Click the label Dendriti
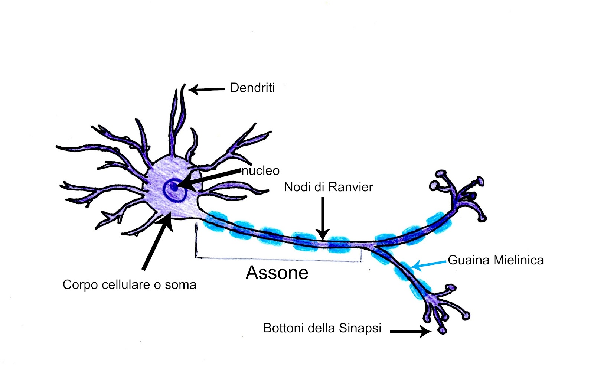(x=252, y=88)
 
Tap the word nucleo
(x=261, y=171)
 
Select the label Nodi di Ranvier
(x=328, y=187)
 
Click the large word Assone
(x=277, y=273)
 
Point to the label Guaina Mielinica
(x=496, y=260)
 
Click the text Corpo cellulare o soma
(x=129, y=285)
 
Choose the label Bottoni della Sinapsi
(x=322, y=328)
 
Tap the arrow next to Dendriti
(x=206, y=89)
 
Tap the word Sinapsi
(x=360, y=328)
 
